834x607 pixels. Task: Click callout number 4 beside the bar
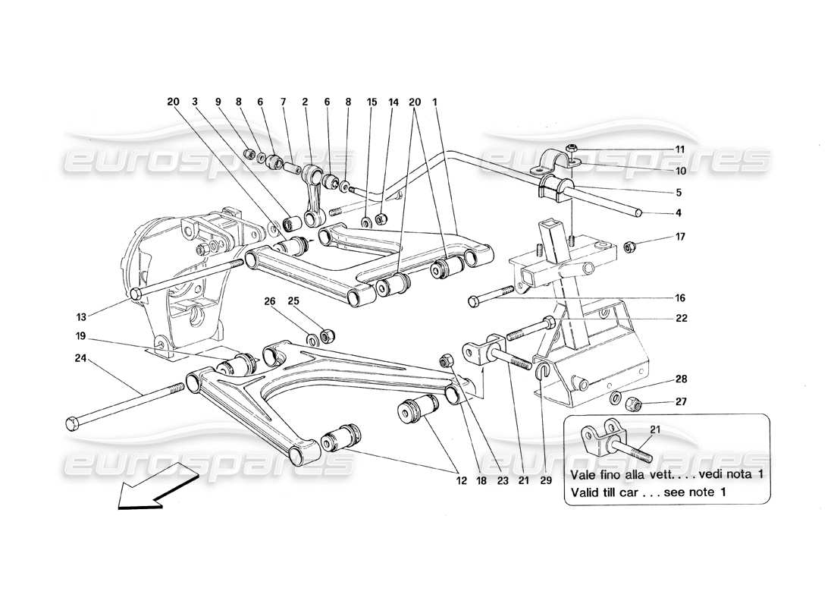679,212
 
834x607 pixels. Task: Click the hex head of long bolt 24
73,422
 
